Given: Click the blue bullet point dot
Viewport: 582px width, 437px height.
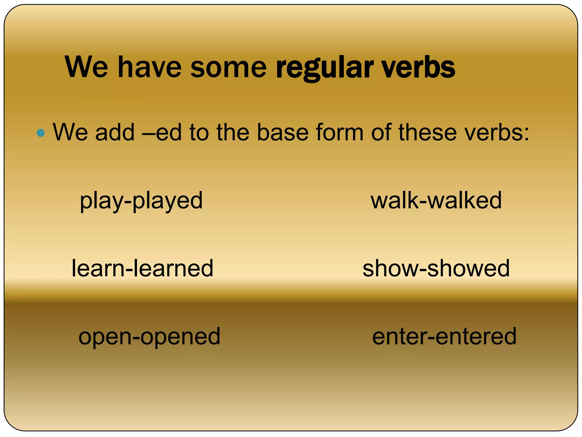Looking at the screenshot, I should pos(41,133).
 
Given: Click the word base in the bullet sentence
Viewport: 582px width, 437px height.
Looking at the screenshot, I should pos(282,133).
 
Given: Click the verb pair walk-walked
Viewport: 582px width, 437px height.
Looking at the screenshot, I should pos(436,201).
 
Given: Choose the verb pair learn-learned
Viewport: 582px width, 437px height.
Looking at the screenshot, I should pos(142,268).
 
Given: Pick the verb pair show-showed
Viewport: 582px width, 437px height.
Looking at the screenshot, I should pos(436,268).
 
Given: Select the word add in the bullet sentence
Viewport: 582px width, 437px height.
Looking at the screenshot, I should pos(115,133).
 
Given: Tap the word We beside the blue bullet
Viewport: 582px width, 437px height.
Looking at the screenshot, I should pos(70,133).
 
